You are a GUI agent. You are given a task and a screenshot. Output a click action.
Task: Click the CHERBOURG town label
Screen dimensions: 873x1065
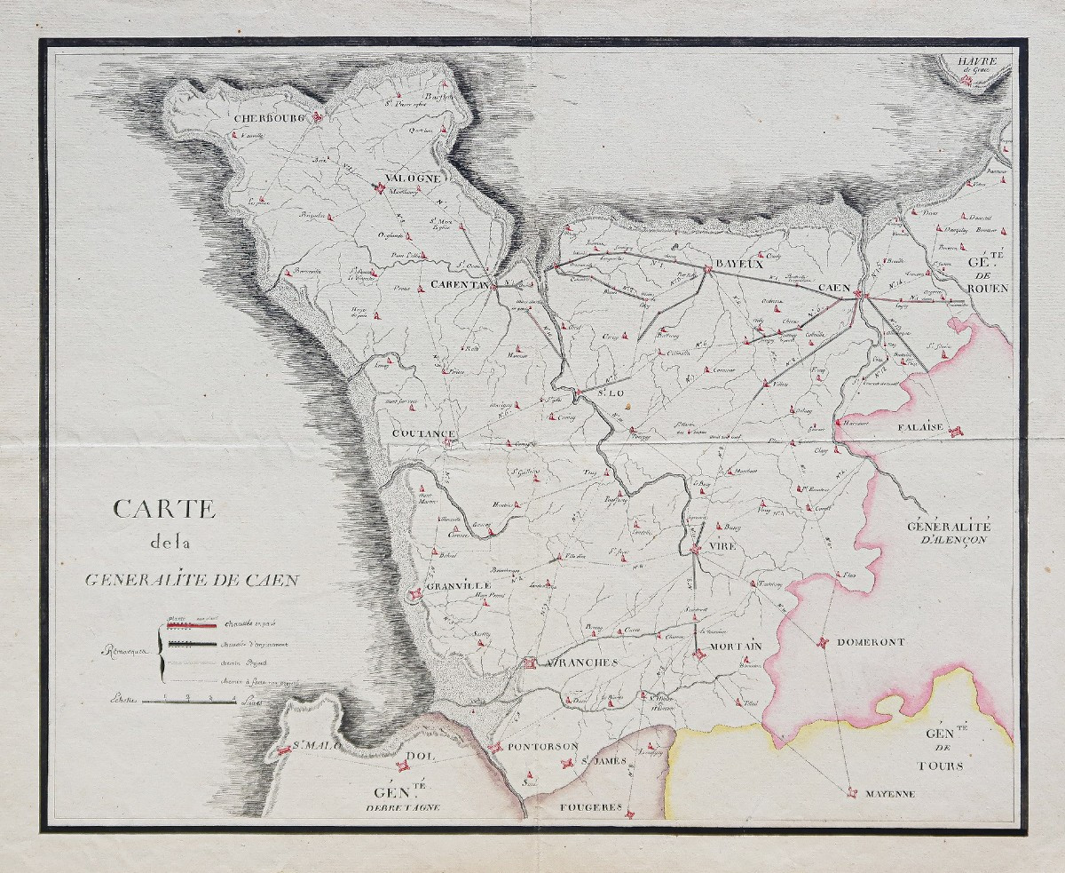(x=270, y=117)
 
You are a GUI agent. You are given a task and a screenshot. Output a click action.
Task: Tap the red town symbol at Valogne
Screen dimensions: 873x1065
(x=379, y=188)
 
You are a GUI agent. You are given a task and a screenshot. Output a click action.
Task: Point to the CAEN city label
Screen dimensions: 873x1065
(x=834, y=289)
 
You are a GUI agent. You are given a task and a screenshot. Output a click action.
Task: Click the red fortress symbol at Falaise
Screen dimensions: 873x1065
(x=955, y=433)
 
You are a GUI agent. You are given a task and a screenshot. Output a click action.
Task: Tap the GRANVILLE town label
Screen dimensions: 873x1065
(x=458, y=587)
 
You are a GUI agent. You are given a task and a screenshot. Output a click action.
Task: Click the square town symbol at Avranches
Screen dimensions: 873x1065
(x=530, y=663)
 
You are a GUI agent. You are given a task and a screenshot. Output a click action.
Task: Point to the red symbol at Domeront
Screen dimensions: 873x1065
(x=822, y=642)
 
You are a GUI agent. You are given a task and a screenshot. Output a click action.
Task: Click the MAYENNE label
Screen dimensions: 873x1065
(x=890, y=794)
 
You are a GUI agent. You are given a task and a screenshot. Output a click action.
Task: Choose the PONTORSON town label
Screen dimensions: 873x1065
(x=543, y=747)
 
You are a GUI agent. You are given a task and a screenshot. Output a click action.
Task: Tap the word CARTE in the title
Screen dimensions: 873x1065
(x=164, y=509)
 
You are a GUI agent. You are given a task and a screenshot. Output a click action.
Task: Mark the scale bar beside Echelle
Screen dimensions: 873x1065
(x=189, y=702)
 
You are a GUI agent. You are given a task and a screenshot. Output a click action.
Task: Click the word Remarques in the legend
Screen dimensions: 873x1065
(x=124, y=651)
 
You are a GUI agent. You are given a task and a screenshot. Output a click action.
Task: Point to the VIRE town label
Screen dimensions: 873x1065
(x=722, y=546)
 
